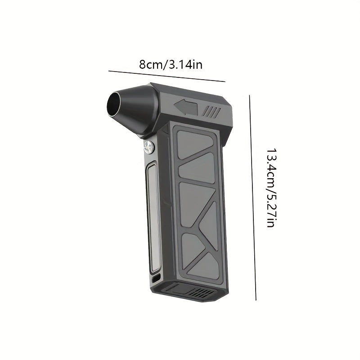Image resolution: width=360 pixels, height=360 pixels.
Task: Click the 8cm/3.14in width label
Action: pos(171,64)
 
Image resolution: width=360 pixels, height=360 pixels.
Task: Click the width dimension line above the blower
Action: pos(166,76)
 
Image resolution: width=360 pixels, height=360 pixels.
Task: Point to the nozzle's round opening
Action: pos(118,103)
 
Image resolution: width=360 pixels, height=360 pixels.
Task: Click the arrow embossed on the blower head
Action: pos(185,107)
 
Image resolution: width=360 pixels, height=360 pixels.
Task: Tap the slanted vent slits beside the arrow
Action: pos(212,111)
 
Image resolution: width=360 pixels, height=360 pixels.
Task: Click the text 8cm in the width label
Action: pos(149,64)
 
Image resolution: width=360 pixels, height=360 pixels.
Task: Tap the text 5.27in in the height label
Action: pos(270,209)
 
